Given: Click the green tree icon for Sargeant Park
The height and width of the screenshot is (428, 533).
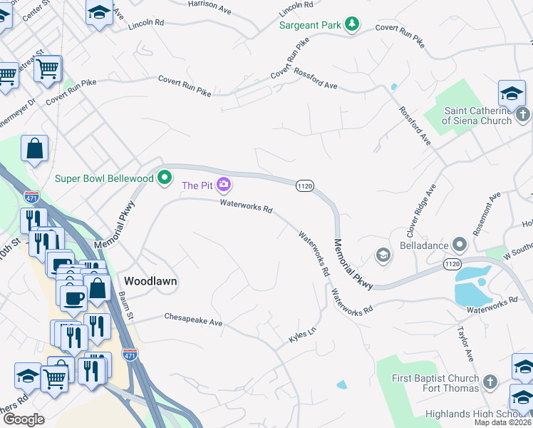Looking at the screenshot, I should point(351,25).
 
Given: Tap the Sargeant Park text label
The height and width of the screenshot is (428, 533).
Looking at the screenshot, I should point(310,25).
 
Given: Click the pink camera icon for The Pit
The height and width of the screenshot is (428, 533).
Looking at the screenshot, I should point(224,185).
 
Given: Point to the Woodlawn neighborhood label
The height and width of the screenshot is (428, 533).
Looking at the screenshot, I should point(150,281).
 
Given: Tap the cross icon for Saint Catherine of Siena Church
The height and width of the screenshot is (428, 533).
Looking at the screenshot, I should point(522,115).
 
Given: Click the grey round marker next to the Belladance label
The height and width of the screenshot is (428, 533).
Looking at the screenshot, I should point(460,245).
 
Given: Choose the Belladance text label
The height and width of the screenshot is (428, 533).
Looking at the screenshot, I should point(423,245).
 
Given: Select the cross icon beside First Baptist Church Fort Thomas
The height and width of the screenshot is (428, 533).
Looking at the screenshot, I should point(490,382).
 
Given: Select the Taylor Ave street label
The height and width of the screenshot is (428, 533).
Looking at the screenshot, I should point(465,345).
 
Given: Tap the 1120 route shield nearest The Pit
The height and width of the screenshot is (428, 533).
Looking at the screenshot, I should point(304,185).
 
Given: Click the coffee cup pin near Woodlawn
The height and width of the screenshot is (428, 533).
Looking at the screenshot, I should point(73,295).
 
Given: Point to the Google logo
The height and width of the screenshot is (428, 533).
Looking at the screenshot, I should point(24,419).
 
